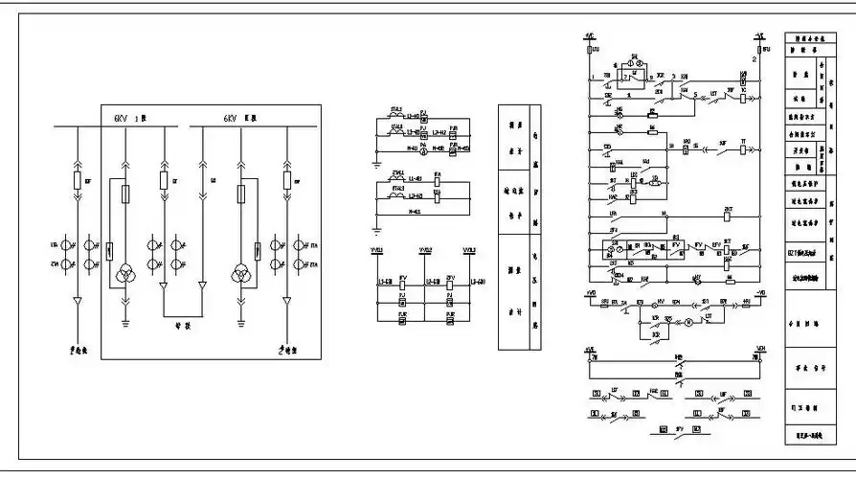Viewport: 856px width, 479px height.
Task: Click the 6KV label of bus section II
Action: click(231, 118)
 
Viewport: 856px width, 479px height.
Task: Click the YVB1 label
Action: click(376, 251)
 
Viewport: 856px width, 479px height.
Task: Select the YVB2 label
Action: click(424, 251)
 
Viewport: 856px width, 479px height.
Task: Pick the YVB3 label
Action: click(469, 251)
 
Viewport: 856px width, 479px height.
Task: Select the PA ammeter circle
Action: click(425, 112)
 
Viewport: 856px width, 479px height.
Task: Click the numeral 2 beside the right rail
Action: click(754, 59)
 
